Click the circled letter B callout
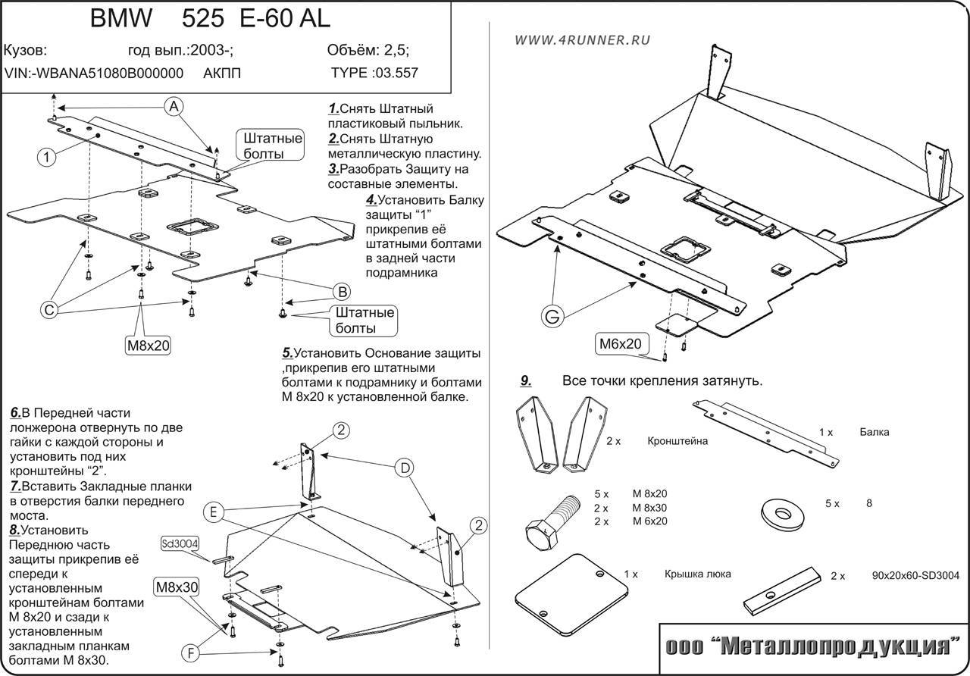(x=342, y=291)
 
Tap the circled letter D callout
(x=405, y=468)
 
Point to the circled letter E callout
(x=214, y=513)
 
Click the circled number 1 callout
(x=46, y=157)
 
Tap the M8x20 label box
(x=148, y=346)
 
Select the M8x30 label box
(x=177, y=587)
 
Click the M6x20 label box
(x=621, y=343)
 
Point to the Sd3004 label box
(x=179, y=543)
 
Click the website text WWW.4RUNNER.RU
(x=581, y=40)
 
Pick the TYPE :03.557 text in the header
(x=374, y=74)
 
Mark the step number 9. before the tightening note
(x=526, y=380)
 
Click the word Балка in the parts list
(x=875, y=432)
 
